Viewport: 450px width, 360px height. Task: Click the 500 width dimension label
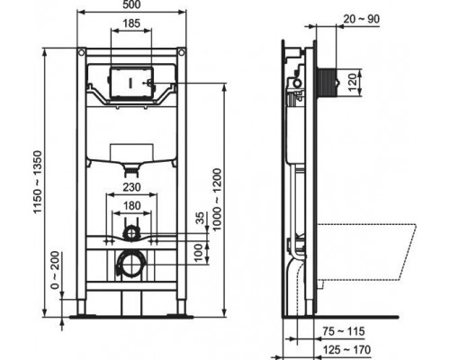coord(131,4)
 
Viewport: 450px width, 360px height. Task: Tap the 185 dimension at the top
coord(131,23)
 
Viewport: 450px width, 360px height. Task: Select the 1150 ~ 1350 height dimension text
coord(39,182)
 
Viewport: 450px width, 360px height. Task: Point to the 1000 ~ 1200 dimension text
coord(217,200)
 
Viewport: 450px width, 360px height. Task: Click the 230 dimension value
coord(131,187)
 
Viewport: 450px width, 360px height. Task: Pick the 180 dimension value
coord(131,205)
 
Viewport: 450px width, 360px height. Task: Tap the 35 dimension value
coord(201,218)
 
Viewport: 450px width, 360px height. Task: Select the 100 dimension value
coord(198,253)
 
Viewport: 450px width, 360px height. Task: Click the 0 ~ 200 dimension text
coord(55,270)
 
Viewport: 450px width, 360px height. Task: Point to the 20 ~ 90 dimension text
coord(361,19)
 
